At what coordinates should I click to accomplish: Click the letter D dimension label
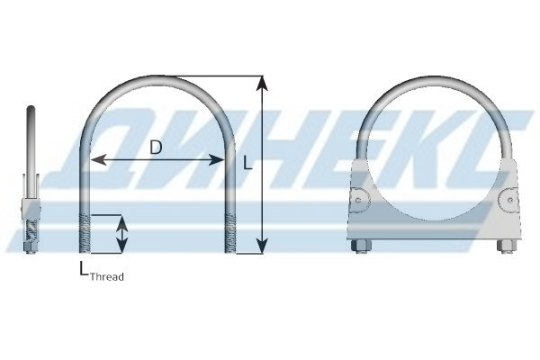[x=156, y=148]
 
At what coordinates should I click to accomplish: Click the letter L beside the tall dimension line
[x=247, y=163]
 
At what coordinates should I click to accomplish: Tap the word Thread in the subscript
[x=107, y=276]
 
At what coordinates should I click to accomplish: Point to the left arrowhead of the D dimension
[x=98, y=160]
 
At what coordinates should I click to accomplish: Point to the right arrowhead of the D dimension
[x=217, y=160]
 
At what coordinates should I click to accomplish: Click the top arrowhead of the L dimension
[x=263, y=84]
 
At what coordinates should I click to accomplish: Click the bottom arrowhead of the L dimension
[x=263, y=246]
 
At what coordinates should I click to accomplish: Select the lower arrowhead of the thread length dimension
[x=121, y=246]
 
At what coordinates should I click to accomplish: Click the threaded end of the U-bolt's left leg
[x=85, y=233]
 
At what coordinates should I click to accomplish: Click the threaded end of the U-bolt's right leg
[x=230, y=233]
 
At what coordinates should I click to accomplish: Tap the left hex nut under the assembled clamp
[x=361, y=246]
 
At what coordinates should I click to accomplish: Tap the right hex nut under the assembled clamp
[x=507, y=246]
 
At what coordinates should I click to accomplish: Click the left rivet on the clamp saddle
[x=359, y=200]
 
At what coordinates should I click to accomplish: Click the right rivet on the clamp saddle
[x=509, y=200]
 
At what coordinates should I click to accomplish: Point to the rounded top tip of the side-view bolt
[x=31, y=107]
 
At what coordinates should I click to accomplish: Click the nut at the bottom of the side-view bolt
[x=31, y=247]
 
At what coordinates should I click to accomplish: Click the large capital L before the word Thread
[x=84, y=269]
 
